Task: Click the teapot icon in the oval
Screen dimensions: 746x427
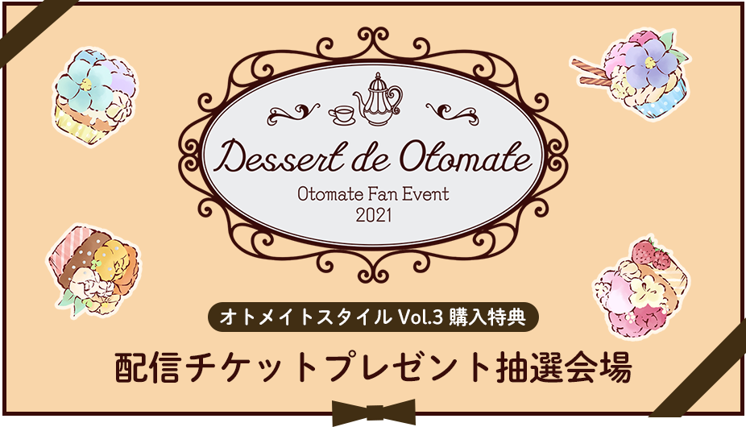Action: [378, 99]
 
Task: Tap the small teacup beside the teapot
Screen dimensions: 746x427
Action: [341, 114]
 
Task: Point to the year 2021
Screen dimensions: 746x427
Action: [374, 216]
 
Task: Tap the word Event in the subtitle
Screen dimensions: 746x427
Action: [429, 193]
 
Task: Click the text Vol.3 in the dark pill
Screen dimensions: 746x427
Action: [420, 317]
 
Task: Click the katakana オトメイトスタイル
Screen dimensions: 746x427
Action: [305, 317]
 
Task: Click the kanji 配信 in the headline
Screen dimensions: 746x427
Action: [148, 367]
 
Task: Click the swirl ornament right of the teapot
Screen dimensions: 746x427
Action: [453, 114]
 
